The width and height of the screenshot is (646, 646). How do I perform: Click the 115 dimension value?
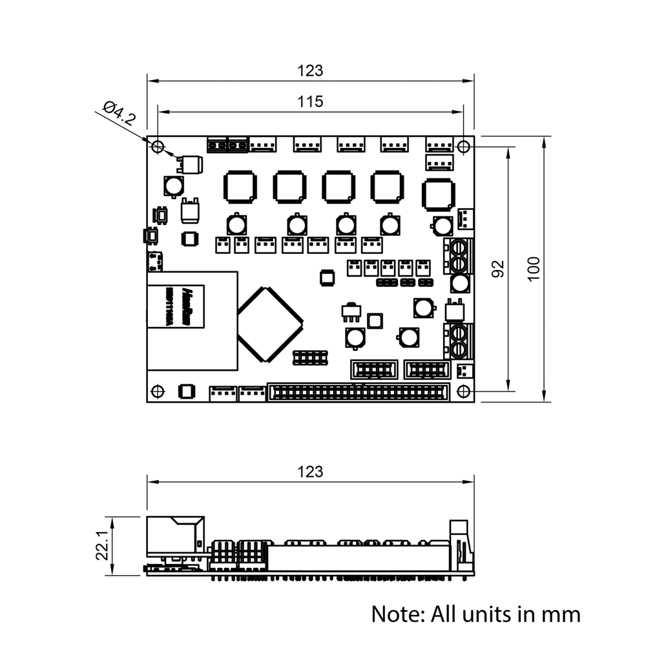(x=310, y=101)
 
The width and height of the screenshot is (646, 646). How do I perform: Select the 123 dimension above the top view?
(x=310, y=70)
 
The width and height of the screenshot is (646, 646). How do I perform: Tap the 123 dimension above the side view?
(x=310, y=472)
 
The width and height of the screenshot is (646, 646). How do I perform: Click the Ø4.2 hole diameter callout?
(x=120, y=114)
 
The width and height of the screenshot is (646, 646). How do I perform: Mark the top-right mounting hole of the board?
(x=464, y=146)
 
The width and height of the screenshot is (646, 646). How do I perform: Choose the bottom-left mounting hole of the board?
(x=157, y=391)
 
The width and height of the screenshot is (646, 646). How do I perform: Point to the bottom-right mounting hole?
(x=463, y=391)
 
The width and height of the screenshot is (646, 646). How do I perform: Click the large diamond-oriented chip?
(x=269, y=323)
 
